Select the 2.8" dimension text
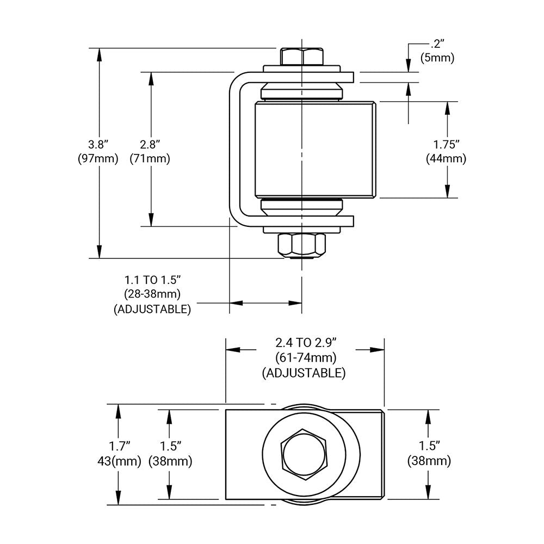point(150,144)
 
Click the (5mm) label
point(437,57)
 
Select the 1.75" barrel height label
point(447,144)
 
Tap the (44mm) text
point(447,159)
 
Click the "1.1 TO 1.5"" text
point(152,280)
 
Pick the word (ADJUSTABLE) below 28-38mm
point(152,309)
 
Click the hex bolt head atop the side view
point(301,57)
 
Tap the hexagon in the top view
point(304,454)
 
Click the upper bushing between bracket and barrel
point(302,91)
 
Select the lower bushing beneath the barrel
point(302,206)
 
